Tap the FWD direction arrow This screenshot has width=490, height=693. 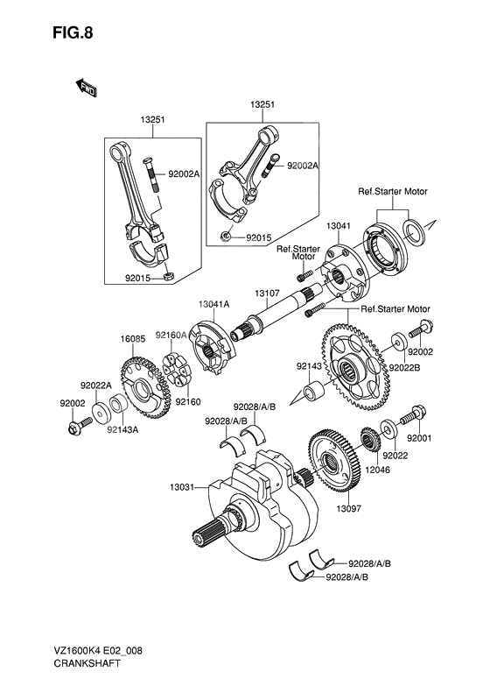tap(87, 88)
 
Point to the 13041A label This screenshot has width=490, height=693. tap(213, 303)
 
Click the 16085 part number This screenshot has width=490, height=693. tap(132, 336)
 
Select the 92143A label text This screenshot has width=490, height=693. tap(123, 429)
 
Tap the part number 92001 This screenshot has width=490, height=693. tap(421, 437)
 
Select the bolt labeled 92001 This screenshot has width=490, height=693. tap(408, 418)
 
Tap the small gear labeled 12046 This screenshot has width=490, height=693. tap(369, 437)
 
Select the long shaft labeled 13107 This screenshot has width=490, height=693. tap(271, 321)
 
